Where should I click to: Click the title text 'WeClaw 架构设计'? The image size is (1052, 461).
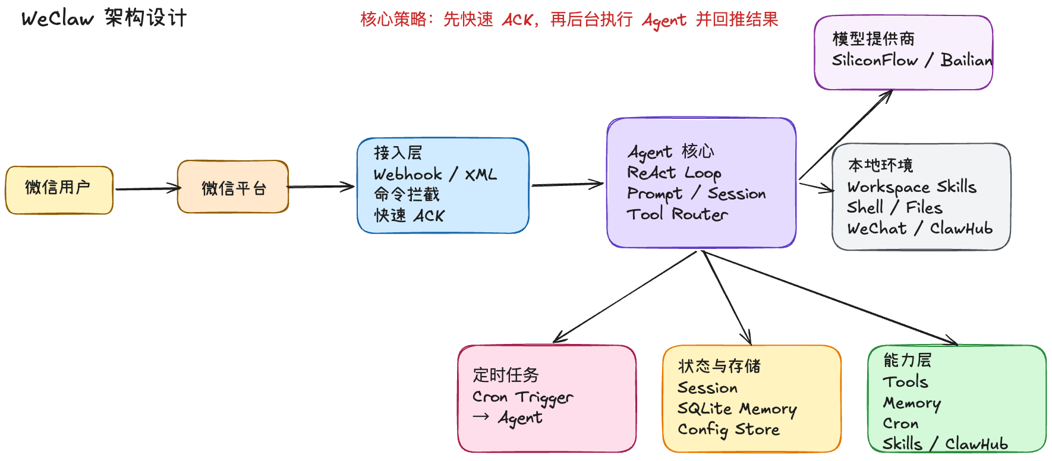104,18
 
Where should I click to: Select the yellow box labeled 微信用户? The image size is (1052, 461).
59,190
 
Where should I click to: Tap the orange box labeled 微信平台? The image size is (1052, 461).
233,187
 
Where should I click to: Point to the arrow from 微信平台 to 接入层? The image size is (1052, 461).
321,187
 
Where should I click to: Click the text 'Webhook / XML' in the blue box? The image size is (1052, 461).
434,175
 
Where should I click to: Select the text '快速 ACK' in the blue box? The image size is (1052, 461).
409,216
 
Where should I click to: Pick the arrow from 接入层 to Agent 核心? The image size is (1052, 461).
568,185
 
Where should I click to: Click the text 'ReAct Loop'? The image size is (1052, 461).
674,173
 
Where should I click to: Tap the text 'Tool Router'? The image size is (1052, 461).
677,214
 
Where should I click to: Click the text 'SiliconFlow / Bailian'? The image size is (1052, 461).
912,61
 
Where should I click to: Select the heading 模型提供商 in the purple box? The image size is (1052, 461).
873,39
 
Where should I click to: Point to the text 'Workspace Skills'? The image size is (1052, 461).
912,187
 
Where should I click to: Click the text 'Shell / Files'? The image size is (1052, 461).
894,208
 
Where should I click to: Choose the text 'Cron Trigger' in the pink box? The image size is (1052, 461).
522,397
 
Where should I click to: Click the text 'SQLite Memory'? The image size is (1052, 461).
737,409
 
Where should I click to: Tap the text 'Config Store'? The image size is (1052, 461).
728,430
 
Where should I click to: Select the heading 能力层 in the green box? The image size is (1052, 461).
907,360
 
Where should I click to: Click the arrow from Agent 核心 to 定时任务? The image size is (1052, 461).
624,297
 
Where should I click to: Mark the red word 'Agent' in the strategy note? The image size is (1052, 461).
664,21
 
